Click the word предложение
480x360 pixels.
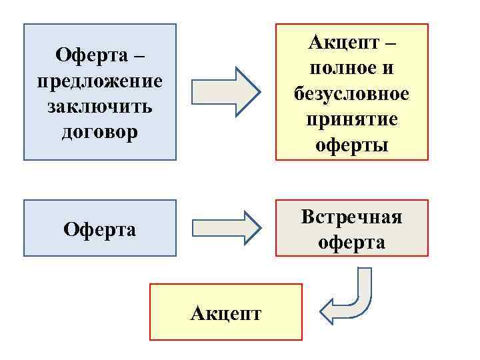click(x=100, y=81)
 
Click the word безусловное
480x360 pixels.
click(x=352, y=94)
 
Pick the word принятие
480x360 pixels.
click(x=352, y=120)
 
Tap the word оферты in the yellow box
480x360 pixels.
click(x=352, y=145)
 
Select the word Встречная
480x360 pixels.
click(x=352, y=217)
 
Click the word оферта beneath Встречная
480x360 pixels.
click(x=352, y=242)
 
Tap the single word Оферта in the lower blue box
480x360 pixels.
click(x=100, y=230)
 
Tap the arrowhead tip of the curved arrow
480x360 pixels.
click(x=322, y=310)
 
